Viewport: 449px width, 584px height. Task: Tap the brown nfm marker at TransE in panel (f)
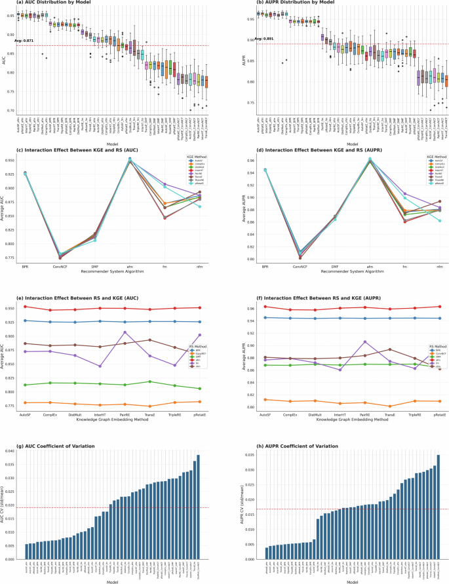pos(389,349)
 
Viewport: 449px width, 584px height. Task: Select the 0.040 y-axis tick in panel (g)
pos(12,451)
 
